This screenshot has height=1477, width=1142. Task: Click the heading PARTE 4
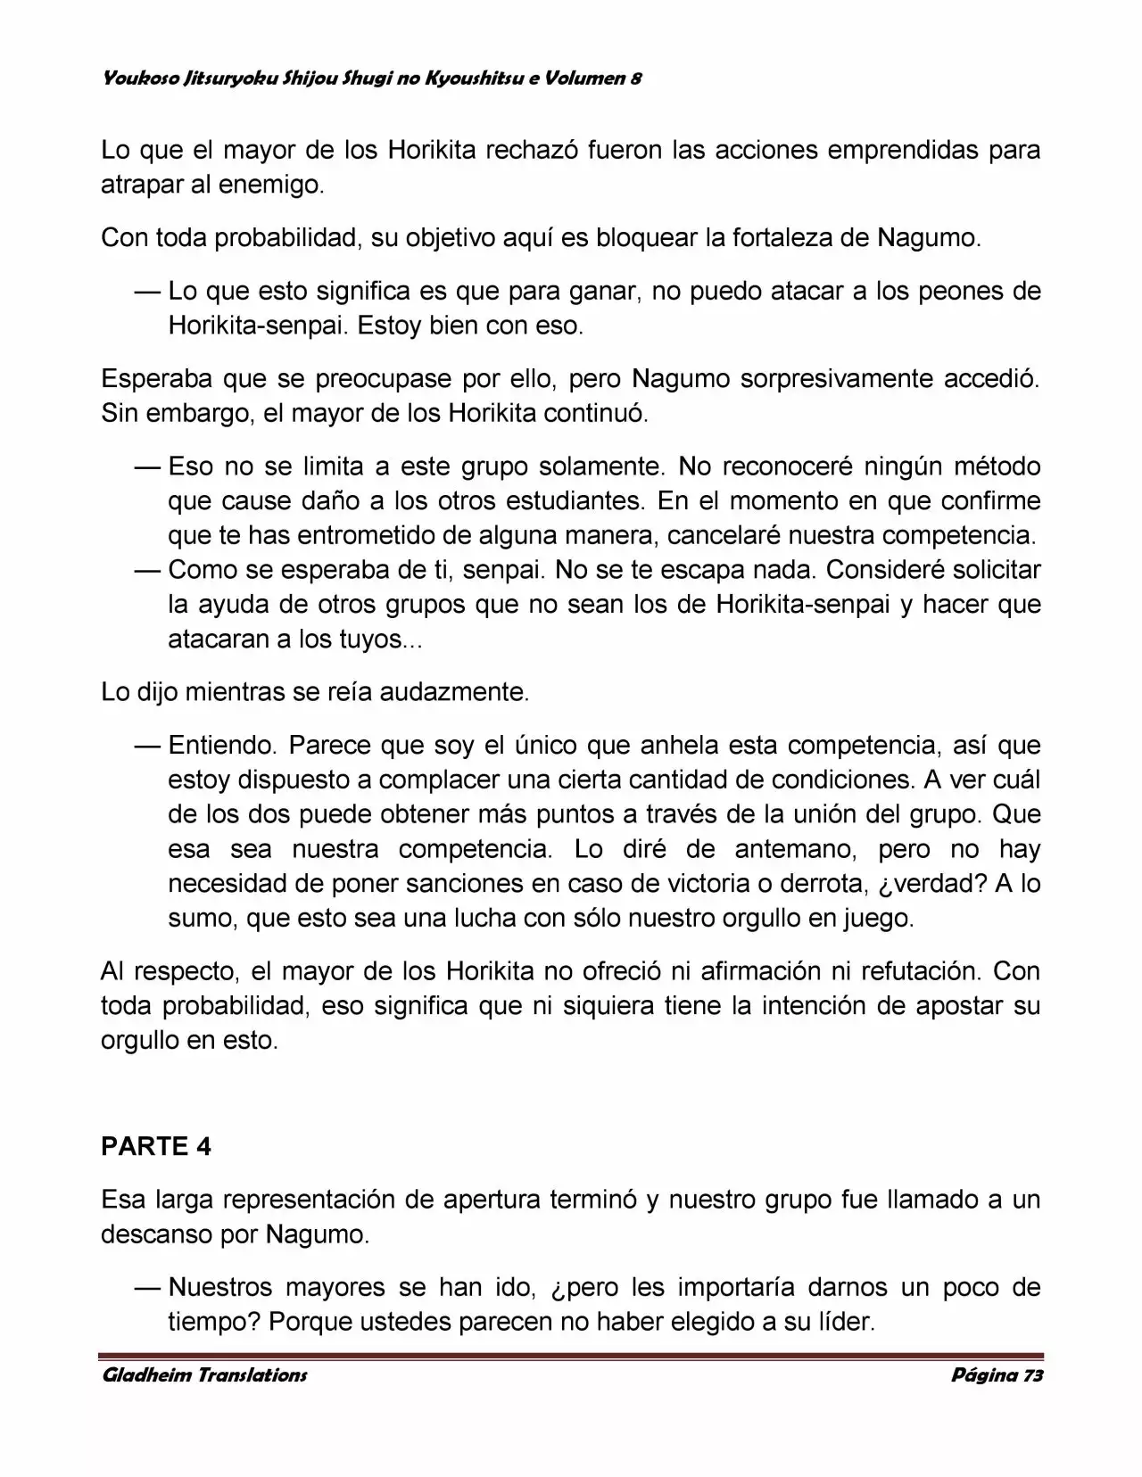click(156, 1146)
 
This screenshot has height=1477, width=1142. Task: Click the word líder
click(845, 1322)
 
